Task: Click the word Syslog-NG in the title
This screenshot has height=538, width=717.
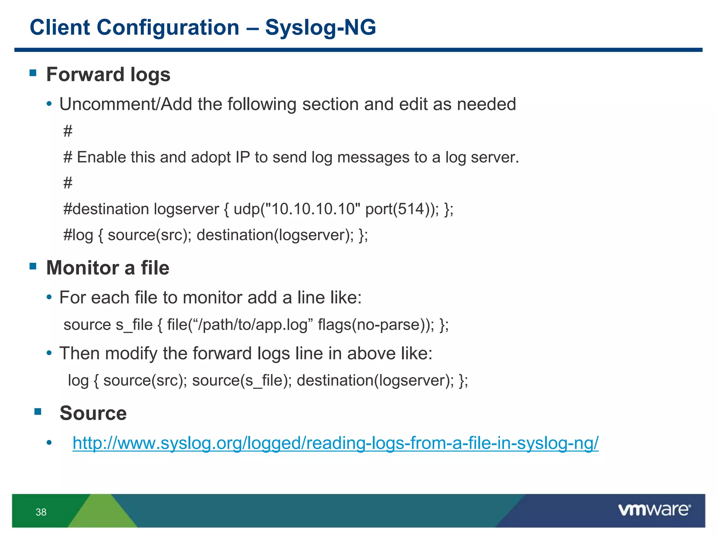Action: (320, 27)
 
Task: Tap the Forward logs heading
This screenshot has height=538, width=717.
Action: (108, 75)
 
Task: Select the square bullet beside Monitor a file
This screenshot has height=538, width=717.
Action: (33, 266)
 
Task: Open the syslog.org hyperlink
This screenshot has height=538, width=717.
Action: (335, 443)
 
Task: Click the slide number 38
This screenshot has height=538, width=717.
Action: (41, 512)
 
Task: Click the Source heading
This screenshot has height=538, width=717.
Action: (93, 413)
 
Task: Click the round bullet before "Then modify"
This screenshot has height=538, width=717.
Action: (49, 353)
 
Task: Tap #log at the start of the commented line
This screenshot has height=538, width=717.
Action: (78, 235)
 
